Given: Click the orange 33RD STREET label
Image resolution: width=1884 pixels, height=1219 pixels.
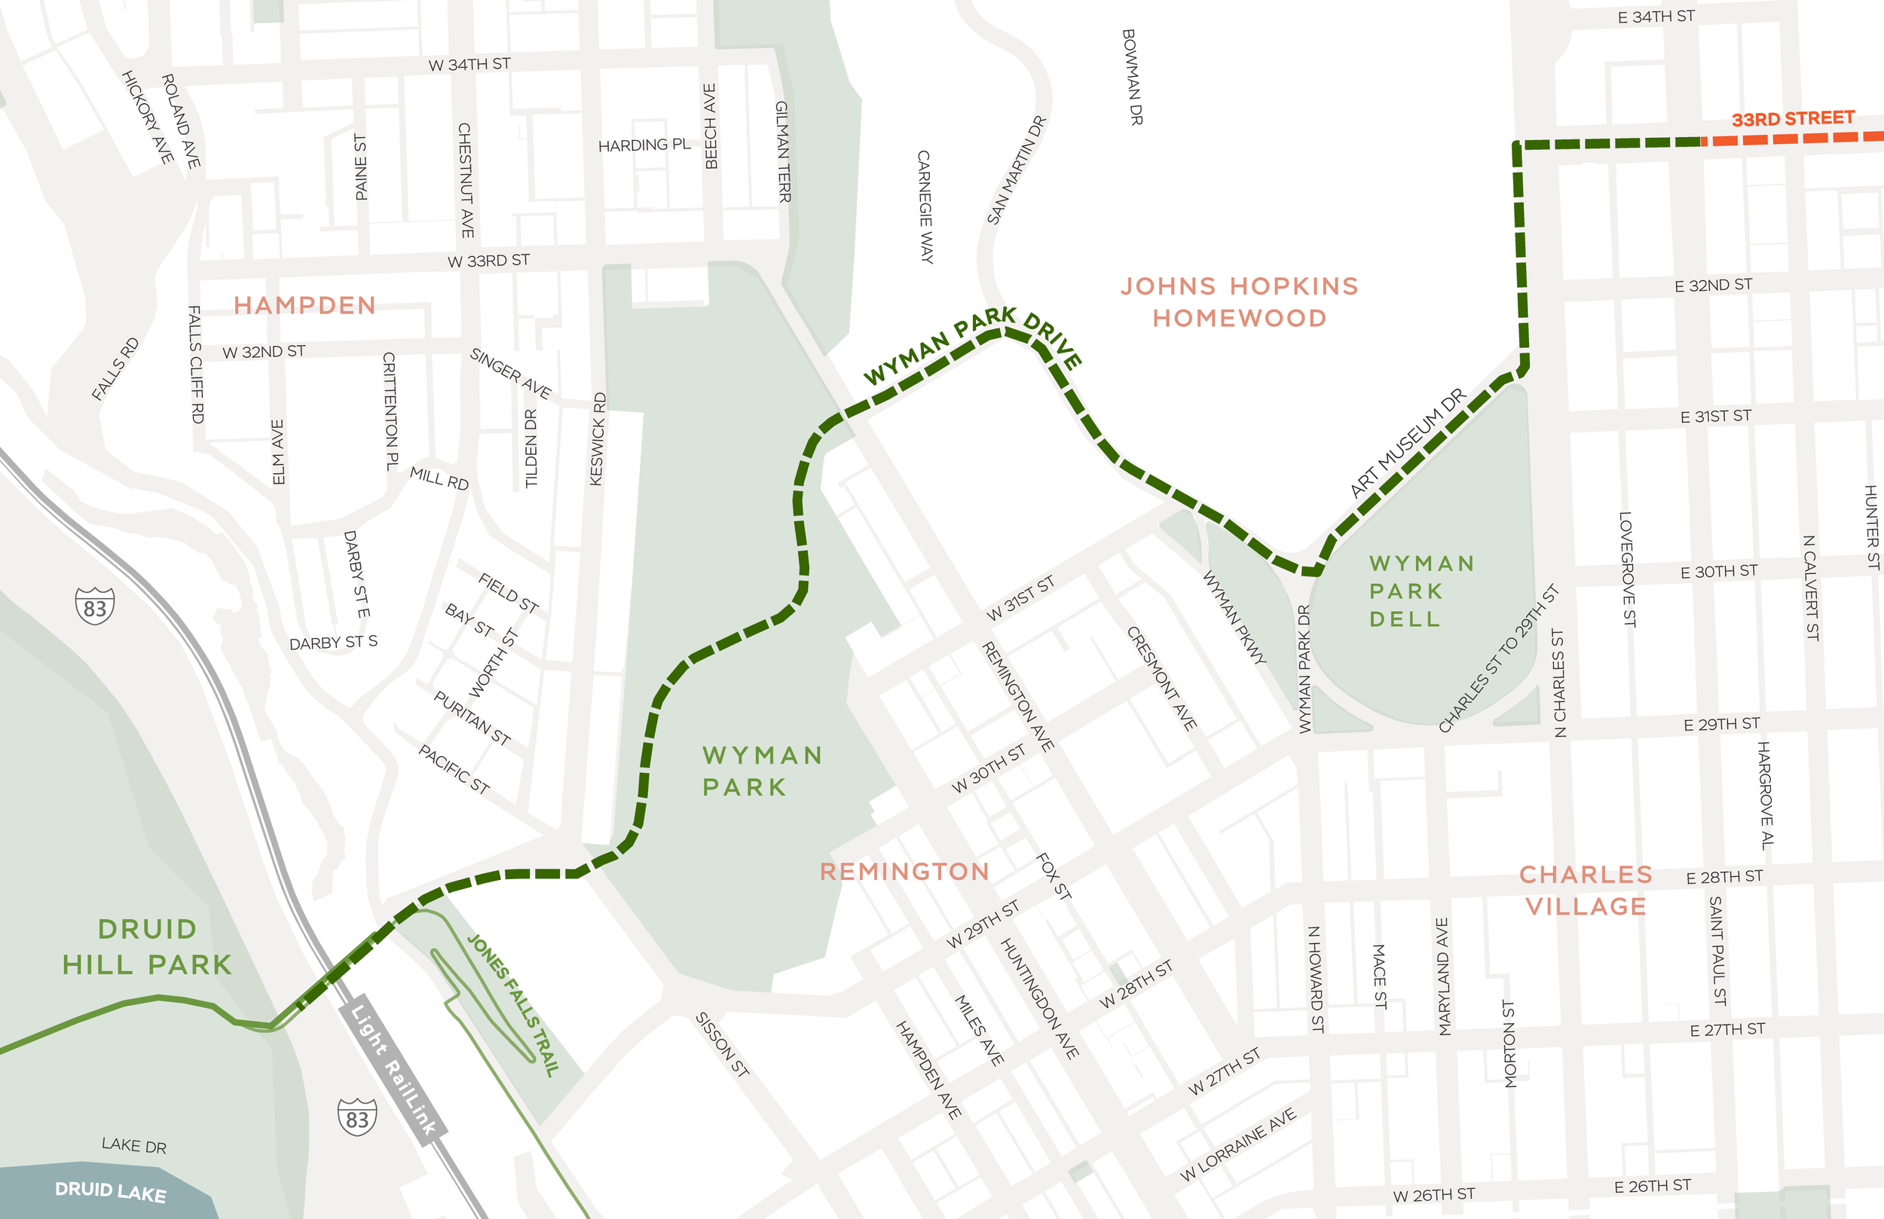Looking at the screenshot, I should pos(1792,119).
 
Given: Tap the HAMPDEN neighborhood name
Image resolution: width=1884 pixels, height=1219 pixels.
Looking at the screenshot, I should pos(304,306).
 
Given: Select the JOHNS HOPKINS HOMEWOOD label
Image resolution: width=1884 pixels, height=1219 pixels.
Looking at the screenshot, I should pos(1239,301).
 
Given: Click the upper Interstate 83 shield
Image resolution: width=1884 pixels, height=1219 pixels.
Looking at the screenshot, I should pos(95,606).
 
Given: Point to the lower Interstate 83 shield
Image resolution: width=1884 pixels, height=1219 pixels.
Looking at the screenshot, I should pos(357,1117).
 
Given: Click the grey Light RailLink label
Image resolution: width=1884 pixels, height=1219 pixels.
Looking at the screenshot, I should pos(393,1068).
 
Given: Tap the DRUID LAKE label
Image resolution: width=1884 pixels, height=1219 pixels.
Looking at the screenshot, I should pos(110,1191).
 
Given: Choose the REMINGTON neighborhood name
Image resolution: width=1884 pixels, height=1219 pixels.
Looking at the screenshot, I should pos(904,872).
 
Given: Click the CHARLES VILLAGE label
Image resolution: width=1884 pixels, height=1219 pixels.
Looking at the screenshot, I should pos(1586,891).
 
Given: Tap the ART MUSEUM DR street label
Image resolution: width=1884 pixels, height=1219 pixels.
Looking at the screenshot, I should pos(1408,443).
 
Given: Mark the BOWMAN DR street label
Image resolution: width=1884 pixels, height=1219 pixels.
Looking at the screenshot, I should pos(1133,77).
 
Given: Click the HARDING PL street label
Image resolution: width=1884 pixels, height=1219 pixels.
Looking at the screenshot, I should pos(644,145).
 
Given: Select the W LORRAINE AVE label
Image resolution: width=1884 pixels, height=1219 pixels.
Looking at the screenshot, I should pos(1238,1144).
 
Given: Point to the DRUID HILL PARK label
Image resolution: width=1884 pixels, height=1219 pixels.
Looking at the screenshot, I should pos(147,947).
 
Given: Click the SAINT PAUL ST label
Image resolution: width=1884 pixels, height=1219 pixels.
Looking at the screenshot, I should pos(1717,951).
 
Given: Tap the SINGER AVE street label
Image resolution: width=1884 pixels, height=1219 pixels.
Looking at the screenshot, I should pos(511,373).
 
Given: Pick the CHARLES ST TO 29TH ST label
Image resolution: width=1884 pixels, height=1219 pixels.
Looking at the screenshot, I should pos(1497,658).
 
